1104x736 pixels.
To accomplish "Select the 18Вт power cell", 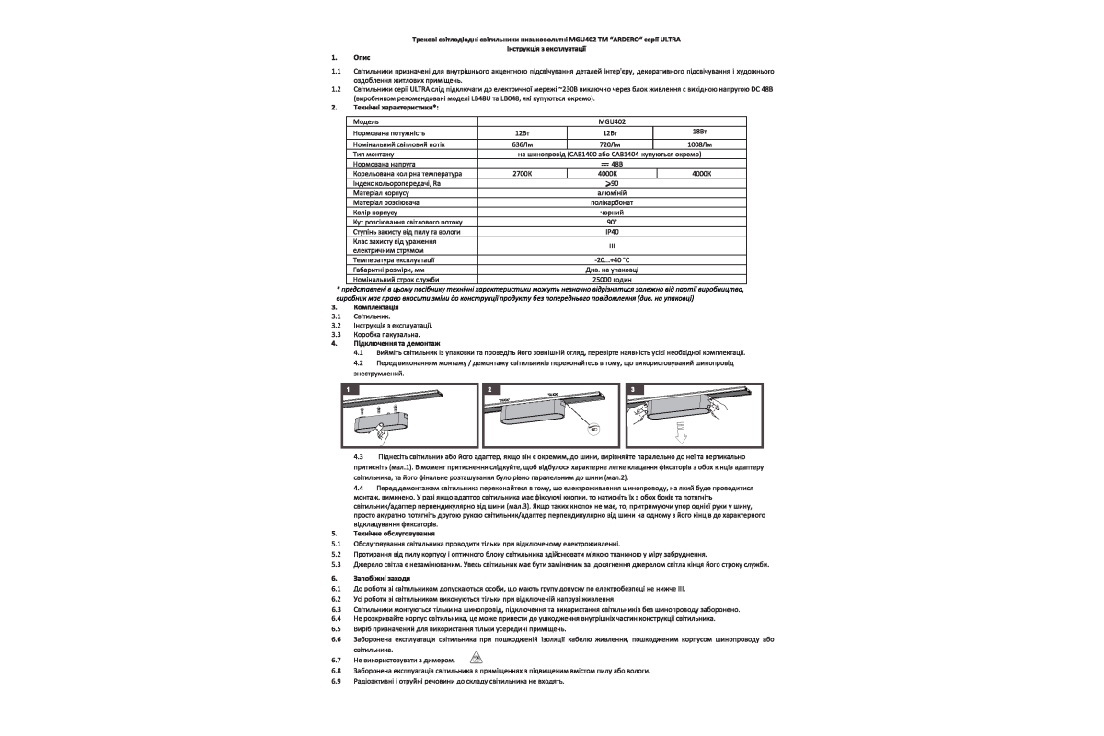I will (x=697, y=132).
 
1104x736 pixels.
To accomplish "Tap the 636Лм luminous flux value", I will (x=522, y=145).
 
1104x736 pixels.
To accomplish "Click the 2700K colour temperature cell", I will (x=522, y=173).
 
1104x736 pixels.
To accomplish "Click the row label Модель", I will (x=366, y=121).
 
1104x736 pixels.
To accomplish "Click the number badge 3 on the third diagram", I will (x=632, y=390).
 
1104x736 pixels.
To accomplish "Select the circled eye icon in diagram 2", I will (x=595, y=429).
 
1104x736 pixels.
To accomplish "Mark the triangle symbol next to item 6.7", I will (x=476, y=659).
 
